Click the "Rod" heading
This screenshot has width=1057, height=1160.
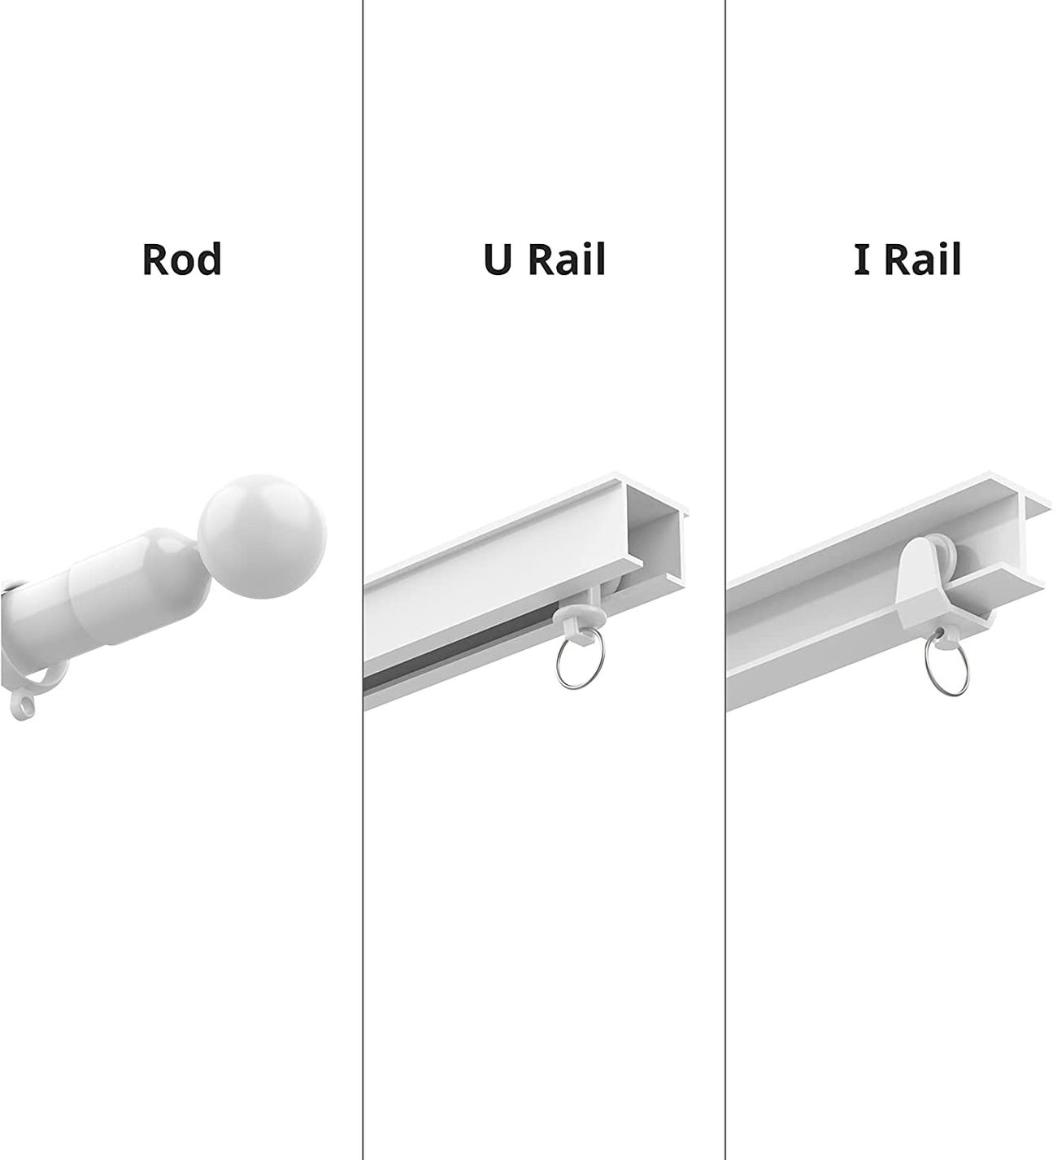click(x=181, y=259)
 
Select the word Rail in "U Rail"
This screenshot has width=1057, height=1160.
click(x=566, y=259)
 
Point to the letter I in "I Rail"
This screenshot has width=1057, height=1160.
click(x=861, y=259)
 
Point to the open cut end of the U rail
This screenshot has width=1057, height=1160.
click(x=659, y=530)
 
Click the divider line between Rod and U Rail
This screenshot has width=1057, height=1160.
click(x=363, y=813)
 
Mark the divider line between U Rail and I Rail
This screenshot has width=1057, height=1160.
click(x=725, y=813)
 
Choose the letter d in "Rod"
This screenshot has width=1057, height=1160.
click(x=208, y=259)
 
